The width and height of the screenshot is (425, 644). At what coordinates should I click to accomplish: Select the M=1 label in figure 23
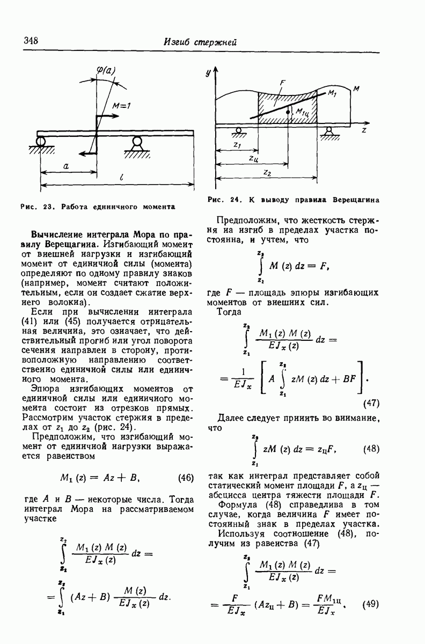(x=122, y=106)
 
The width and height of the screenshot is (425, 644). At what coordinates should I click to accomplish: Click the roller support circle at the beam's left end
(x=40, y=142)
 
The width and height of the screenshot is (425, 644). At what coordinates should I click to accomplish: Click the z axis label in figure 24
(x=363, y=130)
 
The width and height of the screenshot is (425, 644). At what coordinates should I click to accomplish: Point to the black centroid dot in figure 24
(x=288, y=113)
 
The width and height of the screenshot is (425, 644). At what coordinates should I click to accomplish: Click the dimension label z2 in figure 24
(x=267, y=173)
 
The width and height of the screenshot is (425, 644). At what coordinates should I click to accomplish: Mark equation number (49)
(x=371, y=603)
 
